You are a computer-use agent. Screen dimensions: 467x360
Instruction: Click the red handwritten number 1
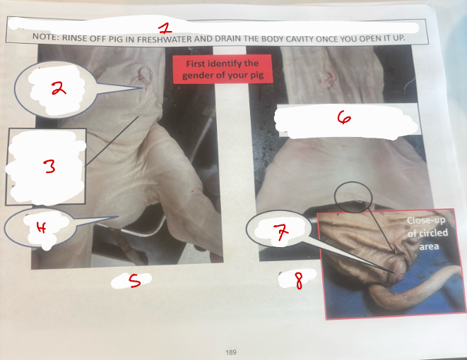tap(165, 28)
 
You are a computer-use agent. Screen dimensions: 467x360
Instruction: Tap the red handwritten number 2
tap(59, 88)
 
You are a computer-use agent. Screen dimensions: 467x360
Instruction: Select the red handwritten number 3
tap(49, 166)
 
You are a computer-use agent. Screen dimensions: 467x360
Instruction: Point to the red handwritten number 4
tap(41, 228)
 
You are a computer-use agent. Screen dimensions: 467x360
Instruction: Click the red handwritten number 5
tap(135, 280)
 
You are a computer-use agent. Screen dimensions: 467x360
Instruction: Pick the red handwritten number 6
tap(344, 117)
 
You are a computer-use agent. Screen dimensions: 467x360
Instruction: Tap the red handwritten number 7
tap(280, 232)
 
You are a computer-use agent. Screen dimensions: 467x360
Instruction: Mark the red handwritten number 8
tap(299, 281)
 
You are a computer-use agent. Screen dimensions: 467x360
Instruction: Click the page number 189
tap(231, 352)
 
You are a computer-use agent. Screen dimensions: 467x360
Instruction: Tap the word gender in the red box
tap(198, 76)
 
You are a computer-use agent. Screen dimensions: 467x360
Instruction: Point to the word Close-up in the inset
tap(426, 220)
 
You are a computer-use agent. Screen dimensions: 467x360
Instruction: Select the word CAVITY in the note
tap(302, 39)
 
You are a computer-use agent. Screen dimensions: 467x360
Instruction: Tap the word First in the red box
tap(196, 64)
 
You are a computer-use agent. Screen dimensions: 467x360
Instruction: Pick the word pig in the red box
tap(257, 75)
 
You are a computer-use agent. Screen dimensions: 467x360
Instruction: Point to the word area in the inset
tap(429, 246)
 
